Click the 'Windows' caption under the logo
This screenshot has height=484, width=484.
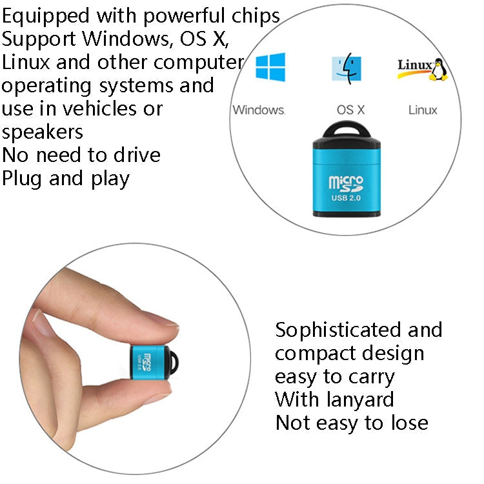coord(258,110)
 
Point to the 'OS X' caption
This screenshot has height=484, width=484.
coord(350,110)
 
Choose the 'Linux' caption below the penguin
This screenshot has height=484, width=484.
coord(423,110)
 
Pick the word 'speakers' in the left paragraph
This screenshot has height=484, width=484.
coord(43,132)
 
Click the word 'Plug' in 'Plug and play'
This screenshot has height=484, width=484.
coord(23,178)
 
